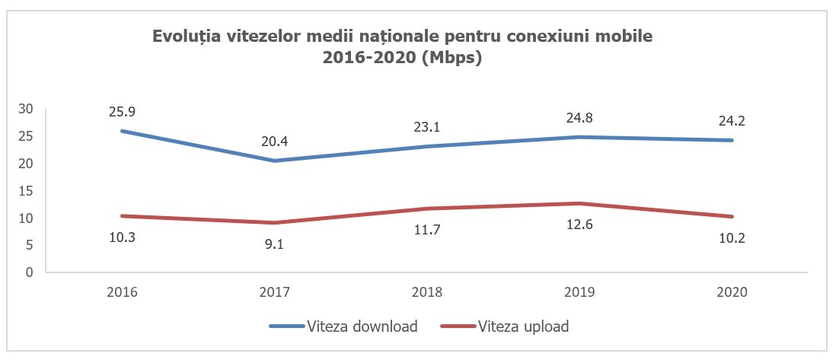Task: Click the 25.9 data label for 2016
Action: pos(123,111)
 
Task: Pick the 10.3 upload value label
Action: pos(123,237)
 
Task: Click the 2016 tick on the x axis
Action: pos(123,292)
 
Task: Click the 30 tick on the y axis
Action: pos(26,109)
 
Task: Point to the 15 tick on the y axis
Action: pos(26,190)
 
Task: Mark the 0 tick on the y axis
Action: pos(30,272)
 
